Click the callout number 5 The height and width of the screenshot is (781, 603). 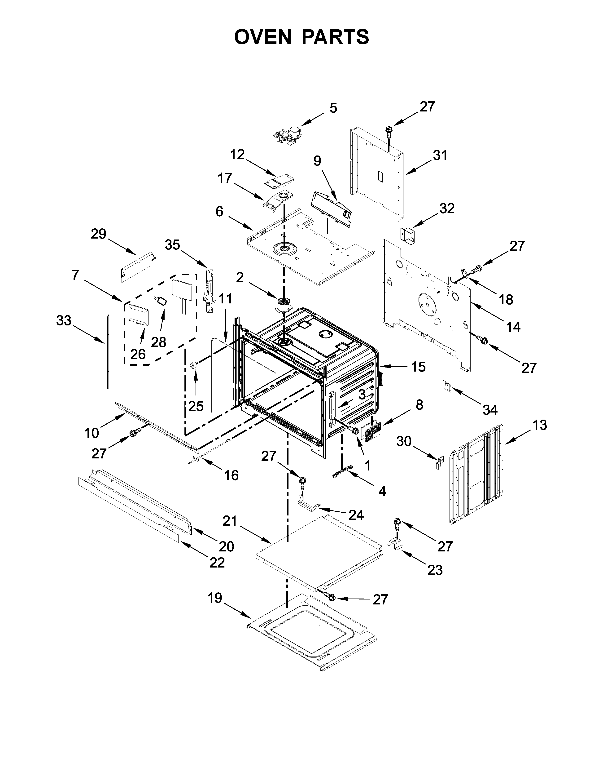pyautogui.click(x=333, y=108)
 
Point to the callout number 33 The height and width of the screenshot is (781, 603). pyautogui.click(x=64, y=321)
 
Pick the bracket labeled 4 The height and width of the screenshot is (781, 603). pyautogui.click(x=342, y=471)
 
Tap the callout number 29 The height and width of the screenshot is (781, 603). pyautogui.click(x=99, y=234)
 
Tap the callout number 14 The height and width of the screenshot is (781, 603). pyautogui.click(x=514, y=327)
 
